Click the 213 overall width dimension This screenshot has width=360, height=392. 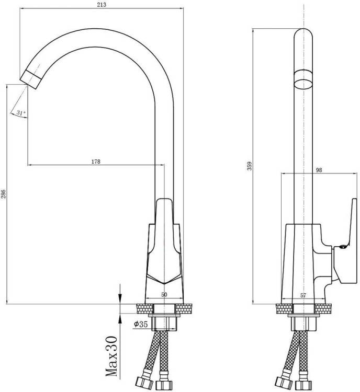102,4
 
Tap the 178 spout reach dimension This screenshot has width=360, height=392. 96,162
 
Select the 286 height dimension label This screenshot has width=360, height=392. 3,194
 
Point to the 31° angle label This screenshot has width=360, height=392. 21,113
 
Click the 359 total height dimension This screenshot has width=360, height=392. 250,166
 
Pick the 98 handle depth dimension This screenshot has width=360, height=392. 319,170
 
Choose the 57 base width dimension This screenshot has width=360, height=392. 303,295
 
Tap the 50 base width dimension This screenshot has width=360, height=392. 164,294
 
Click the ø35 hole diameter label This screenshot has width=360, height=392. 141,324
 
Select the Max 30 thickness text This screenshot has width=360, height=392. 111,358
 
